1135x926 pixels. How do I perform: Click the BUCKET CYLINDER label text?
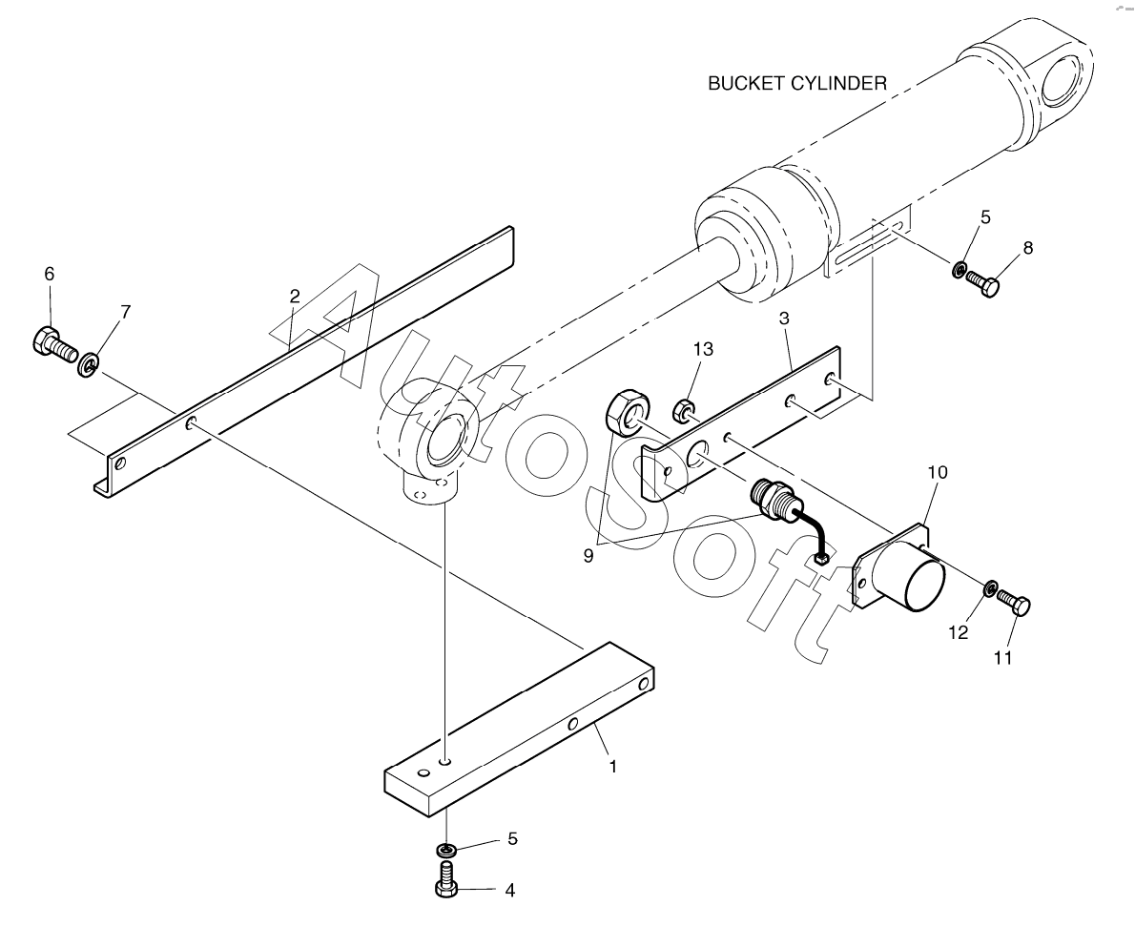796,84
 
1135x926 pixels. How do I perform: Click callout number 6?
49,274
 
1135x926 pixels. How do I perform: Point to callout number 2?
295,296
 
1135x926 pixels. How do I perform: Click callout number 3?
783,319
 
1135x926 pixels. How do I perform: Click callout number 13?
702,350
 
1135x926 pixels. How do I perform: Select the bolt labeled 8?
982,283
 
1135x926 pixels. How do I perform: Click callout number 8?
1027,248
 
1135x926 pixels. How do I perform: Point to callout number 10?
936,472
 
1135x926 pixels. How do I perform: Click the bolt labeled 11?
1016,606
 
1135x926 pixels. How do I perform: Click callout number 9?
588,555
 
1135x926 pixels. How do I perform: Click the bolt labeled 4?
445,878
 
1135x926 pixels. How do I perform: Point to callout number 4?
509,891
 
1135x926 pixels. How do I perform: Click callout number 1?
613,766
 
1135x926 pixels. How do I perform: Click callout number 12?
959,631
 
